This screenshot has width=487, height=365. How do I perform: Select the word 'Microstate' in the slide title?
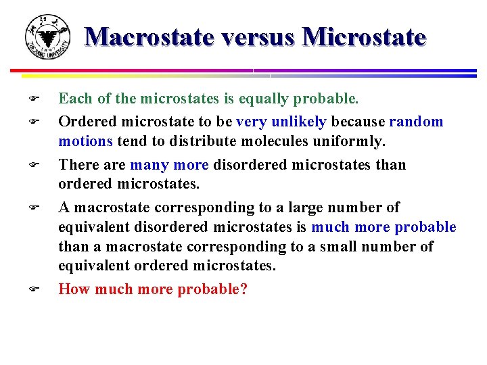365,36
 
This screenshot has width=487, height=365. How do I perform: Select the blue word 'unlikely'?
299,122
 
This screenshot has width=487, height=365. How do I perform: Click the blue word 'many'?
149,165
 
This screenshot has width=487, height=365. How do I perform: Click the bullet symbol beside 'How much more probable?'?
32,289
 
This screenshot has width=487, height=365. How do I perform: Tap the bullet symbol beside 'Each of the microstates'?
32,99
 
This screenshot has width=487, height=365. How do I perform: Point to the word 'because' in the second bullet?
358,122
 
